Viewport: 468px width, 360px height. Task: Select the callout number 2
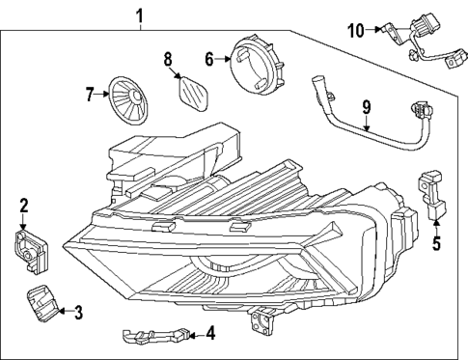click(x=24, y=205)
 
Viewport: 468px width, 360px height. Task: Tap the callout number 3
click(x=79, y=311)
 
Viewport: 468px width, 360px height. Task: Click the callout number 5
click(x=435, y=243)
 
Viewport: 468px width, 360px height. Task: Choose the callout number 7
click(x=91, y=94)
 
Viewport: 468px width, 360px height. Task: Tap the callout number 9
click(x=365, y=109)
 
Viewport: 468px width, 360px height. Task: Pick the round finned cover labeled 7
click(x=128, y=99)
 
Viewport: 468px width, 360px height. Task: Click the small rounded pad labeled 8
click(x=196, y=97)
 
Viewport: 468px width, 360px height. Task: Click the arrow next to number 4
click(x=193, y=334)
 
